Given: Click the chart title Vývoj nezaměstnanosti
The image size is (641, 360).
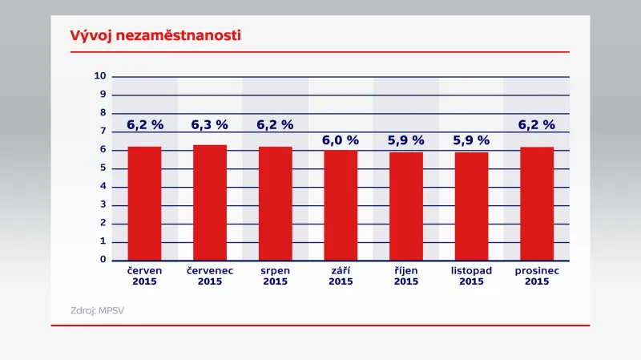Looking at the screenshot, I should (144, 36).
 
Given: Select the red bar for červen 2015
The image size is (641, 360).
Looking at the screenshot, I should (145, 204).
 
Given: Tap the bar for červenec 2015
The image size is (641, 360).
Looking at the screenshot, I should (210, 203).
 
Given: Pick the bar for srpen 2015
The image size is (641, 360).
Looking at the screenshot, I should (276, 204).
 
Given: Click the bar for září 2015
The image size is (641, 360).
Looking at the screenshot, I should (341, 205).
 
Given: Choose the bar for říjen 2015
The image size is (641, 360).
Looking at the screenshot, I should (406, 206).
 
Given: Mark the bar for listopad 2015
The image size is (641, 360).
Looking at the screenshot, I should (471, 206).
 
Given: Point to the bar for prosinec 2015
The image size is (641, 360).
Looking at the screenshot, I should (537, 204).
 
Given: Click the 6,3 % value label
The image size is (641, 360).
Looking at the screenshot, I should (210, 125).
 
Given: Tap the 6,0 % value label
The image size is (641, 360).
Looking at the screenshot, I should (341, 140).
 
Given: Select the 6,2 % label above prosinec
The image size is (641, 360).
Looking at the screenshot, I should (537, 125).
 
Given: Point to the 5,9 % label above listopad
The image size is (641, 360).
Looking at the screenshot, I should (471, 140).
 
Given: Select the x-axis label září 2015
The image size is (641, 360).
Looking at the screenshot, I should (341, 276).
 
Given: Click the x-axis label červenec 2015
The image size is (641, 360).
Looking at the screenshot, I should (210, 276).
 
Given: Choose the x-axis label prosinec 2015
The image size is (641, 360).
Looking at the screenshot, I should (537, 276).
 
